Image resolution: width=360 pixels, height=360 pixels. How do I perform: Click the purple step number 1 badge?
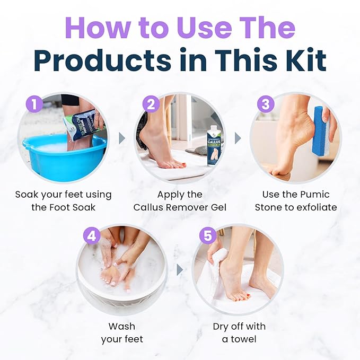pyautogui.click(x=34, y=104)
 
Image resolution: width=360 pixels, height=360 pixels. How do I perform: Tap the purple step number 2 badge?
pyautogui.click(x=151, y=104)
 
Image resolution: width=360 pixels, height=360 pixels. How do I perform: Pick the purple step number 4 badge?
pyautogui.click(x=92, y=236)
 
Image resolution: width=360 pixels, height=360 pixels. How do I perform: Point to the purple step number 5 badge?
pyautogui.click(x=208, y=236)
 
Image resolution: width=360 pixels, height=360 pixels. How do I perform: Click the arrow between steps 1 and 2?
pyautogui.click(x=121, y=138)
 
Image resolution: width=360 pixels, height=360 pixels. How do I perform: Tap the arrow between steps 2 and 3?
pyautogui.click(x=238, y=138)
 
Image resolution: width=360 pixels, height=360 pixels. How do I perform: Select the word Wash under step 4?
pyautogui.click(x=121, y=326)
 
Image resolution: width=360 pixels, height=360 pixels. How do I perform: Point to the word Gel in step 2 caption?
pyautogui.click(x=217, y=207)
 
